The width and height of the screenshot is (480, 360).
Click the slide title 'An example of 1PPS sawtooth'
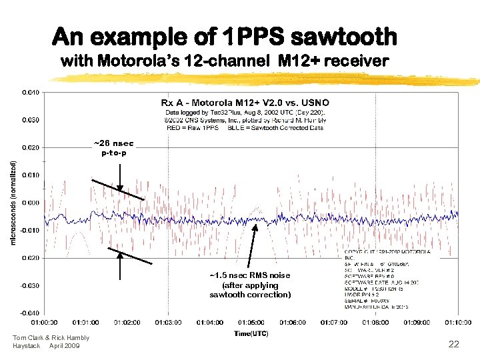(x=225, y=36)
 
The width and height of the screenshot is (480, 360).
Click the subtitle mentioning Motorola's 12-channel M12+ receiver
(x=225, y=61)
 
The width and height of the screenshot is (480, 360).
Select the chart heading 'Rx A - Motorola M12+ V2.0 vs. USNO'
(x=245, y=103)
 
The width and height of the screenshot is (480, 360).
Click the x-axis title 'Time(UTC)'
(x=251, y=333)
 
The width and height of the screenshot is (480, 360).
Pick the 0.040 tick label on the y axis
(x=31, y=91)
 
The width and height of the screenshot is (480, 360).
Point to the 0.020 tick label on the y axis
(x=31, y=147)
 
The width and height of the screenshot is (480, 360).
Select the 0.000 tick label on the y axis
(x=31, y=202)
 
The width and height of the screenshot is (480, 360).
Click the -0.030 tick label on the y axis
(x=30, y=285)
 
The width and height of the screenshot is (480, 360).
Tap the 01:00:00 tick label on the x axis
(x=44, y=323)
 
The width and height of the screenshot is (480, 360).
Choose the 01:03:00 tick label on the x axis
(x=168, y=323)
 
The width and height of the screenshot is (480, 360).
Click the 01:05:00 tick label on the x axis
(x=251, y=323)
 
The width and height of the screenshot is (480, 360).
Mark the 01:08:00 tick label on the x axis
(x=376, y=323)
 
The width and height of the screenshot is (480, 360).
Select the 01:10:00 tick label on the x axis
(x=459, y=323)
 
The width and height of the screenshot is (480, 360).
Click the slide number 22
(x=453, y=343)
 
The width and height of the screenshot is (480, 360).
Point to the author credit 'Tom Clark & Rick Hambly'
(x=51, y=338)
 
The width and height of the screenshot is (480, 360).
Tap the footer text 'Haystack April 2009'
(x=46, y=346)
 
